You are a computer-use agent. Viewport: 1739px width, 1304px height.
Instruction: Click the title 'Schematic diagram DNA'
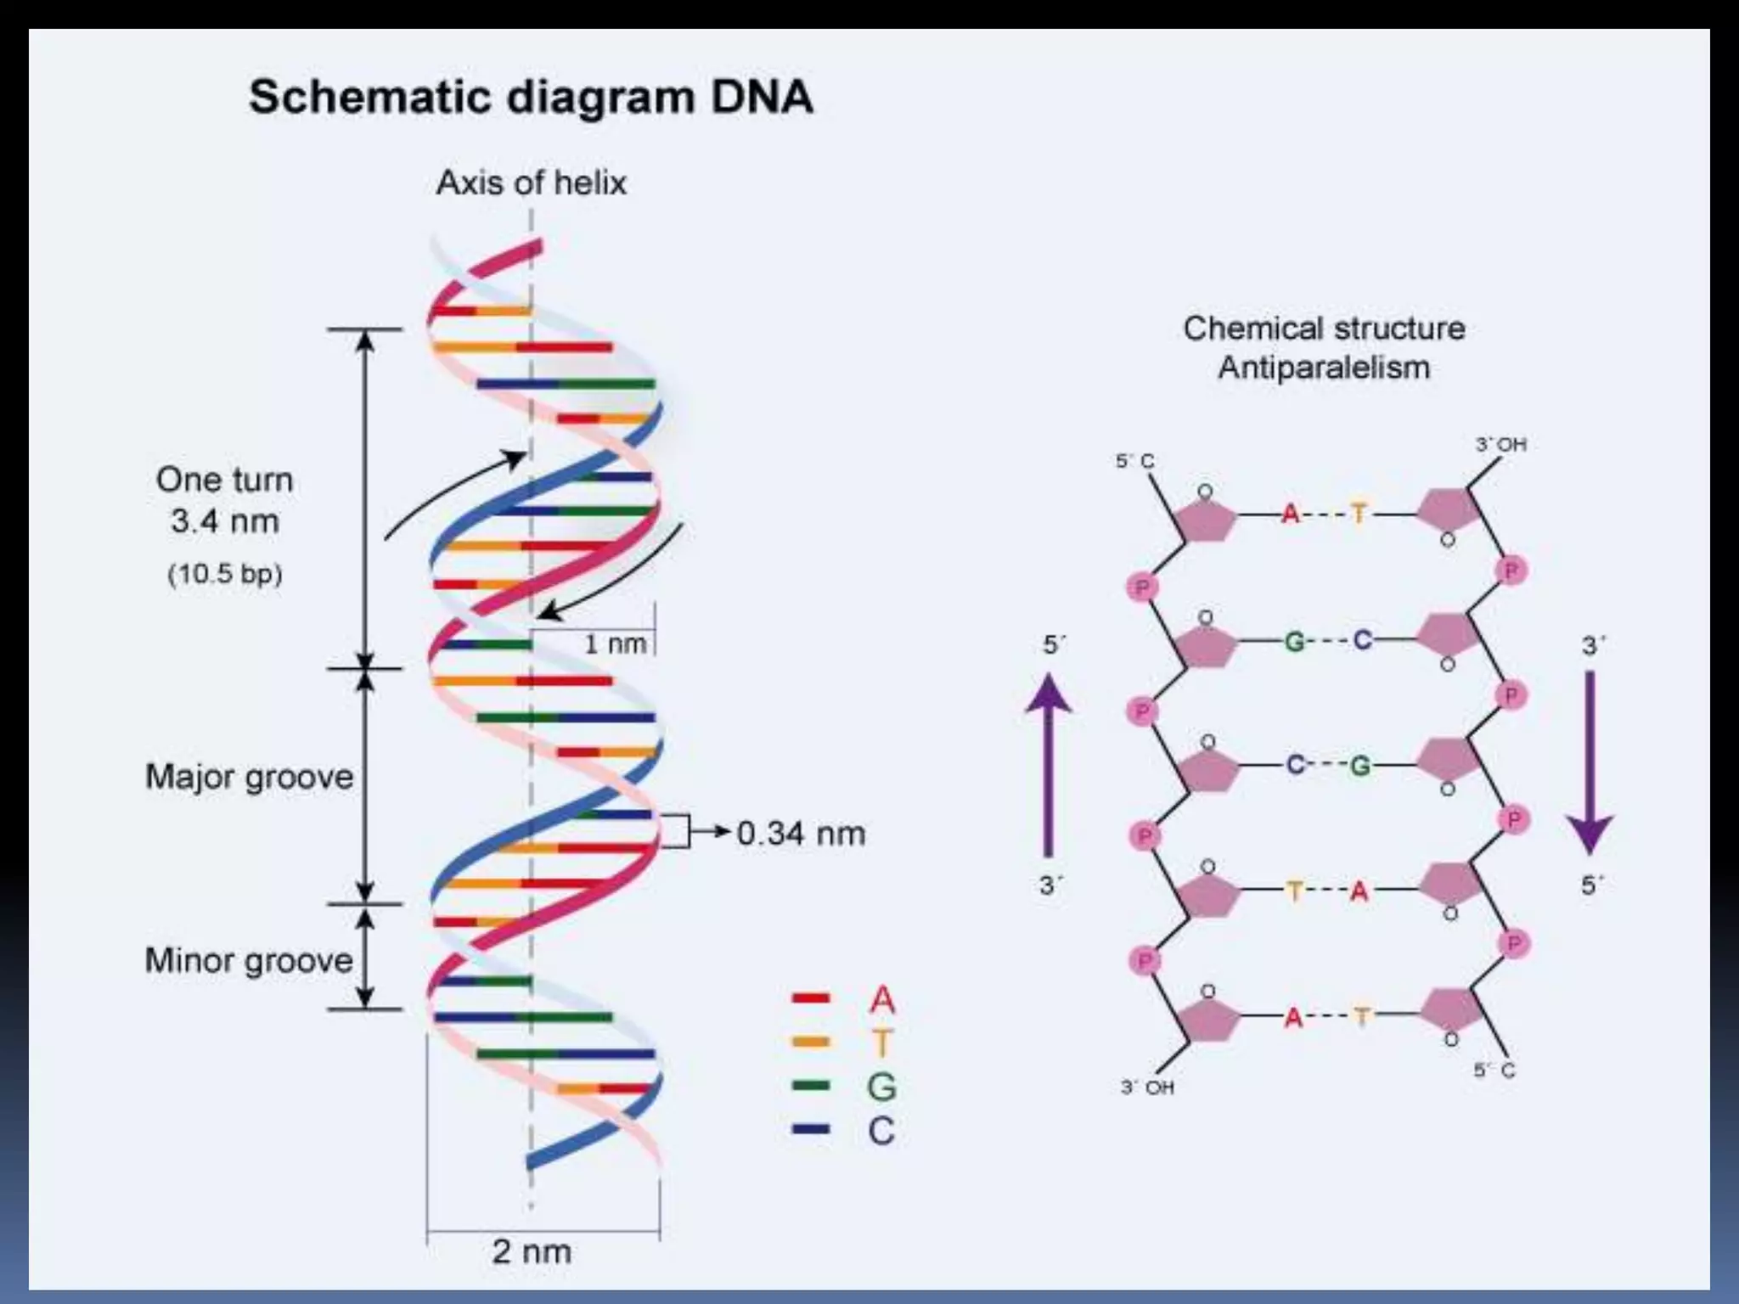coord(531,97)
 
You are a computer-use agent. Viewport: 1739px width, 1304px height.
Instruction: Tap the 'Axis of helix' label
coord(531,183)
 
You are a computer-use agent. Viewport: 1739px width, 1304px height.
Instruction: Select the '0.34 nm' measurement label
coord(801,833)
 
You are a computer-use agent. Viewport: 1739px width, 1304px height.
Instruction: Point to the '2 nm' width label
coord(532,1251)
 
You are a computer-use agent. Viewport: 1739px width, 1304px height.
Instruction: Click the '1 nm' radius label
coord(615,644)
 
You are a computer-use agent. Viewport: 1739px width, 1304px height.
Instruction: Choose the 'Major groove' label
coord(249,777)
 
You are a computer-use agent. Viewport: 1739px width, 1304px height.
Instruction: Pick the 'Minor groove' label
coord(249,960)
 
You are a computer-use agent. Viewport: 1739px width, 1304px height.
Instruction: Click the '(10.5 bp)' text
coord(225,574)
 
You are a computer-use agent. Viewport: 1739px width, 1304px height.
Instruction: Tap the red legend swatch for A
coord(810,998)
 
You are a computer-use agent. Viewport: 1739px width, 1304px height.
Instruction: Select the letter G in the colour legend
coord(881,1087)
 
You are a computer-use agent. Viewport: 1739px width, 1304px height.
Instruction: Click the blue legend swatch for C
coord(810,1129)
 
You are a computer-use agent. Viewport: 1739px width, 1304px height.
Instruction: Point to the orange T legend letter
coord(881,1043)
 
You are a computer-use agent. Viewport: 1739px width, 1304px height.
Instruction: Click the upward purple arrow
coord(1049,764)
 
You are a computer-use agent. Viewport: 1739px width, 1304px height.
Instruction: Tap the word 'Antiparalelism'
coord(1324,368)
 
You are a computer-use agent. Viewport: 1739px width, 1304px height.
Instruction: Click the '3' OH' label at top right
coord(1500,444)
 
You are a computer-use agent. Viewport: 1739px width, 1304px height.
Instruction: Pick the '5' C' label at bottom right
coord(1494,1071)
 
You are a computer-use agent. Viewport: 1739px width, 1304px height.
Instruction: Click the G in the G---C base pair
coord(1294,641)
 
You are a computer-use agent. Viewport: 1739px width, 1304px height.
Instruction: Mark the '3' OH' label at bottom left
coord(1147,1088)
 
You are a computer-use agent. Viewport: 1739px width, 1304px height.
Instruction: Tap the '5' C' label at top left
coord(1134,461)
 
